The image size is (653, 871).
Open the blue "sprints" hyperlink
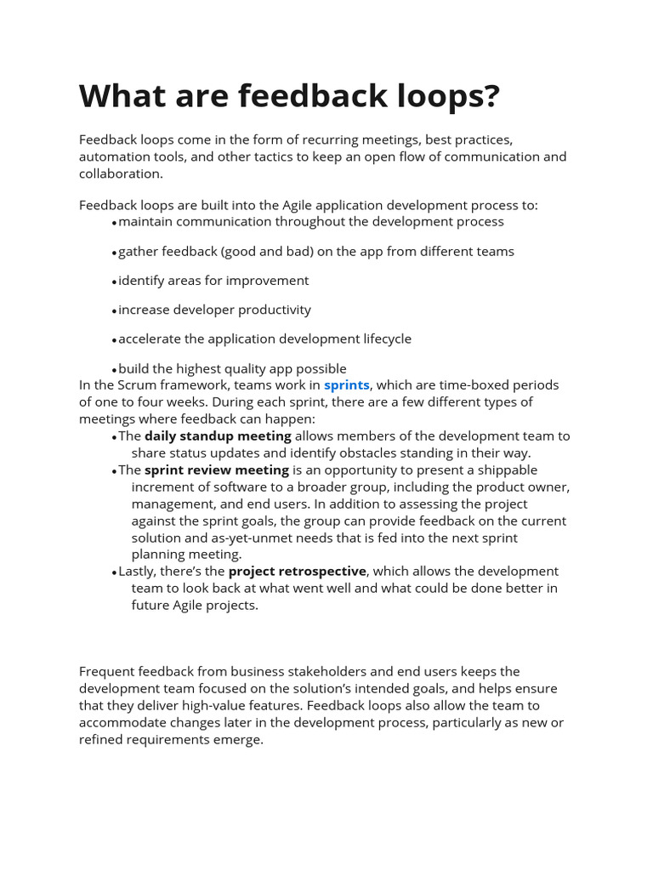coord(346,385)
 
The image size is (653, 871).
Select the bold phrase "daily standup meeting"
coord(218,436)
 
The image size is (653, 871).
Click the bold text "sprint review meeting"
coord(217,470)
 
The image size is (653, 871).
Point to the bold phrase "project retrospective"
coord(297,572)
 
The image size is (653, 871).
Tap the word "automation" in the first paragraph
coord(115,157)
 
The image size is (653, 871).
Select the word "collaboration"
coord(120,174)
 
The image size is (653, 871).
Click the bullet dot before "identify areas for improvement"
coord(114,282)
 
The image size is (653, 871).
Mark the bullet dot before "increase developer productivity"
coord(114,310)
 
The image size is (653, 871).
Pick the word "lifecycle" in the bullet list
coord(380,339)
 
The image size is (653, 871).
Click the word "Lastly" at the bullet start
coord(138,572)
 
